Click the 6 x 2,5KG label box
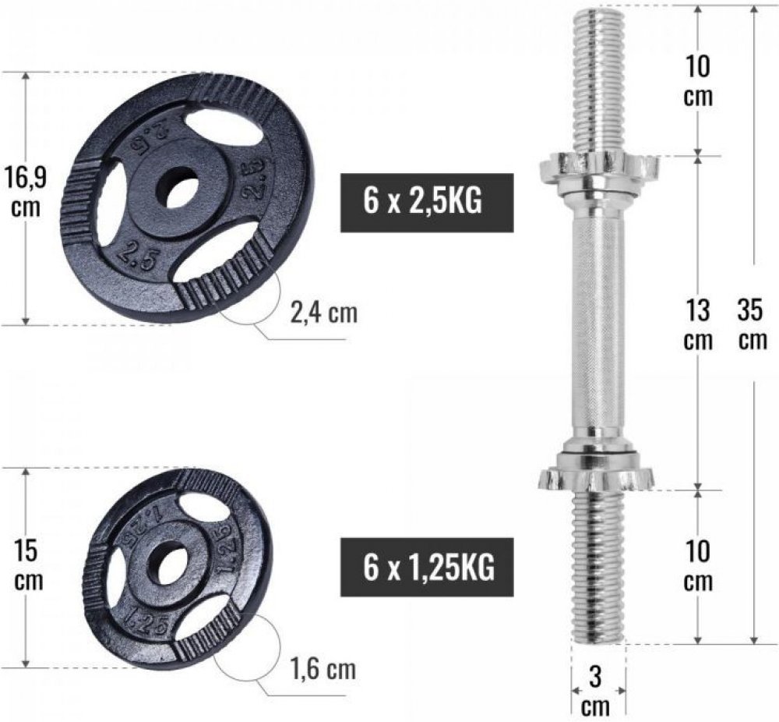427,203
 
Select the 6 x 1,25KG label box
427,567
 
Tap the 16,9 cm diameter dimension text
25,192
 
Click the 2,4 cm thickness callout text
323,313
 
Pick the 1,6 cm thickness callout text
323,669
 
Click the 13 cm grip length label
699,324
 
